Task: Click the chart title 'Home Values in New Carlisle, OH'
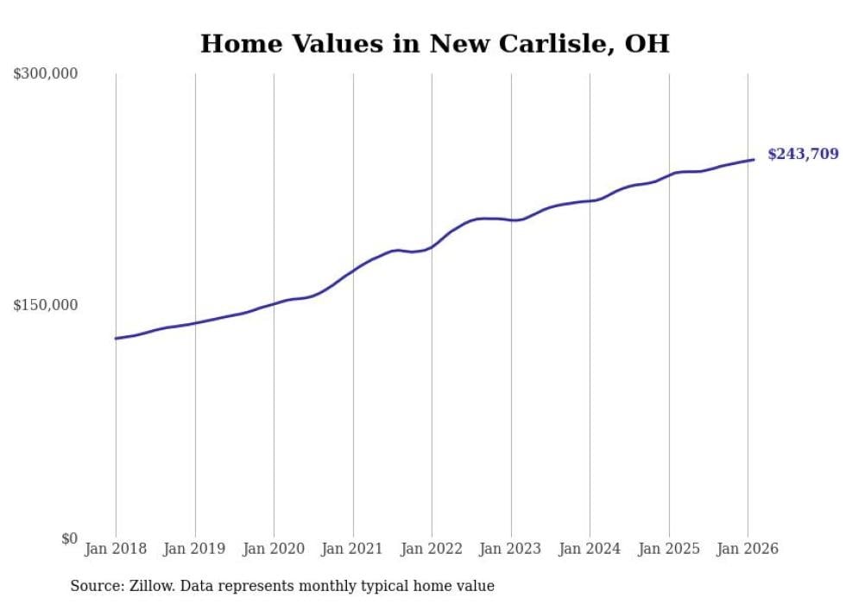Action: click(x=434, y=43)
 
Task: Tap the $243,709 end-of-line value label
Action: click(x=802, y=155)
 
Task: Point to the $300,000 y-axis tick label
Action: click(x=46, y=74)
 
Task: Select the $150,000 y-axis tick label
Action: click(x=46, y=305)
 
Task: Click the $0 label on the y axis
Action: click(x=69, y=538)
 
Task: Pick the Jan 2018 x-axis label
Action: click(x=116, y=549)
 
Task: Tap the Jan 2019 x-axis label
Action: click(x=195, y=549)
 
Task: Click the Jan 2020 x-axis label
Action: click(x=274, y=549)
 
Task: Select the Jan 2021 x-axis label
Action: click(x=353, y=549)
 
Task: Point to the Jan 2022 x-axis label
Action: click(x=432, y=549)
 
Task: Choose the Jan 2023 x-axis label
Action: click(x=511, y=549)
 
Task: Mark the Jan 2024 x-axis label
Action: click(x=590, y=549)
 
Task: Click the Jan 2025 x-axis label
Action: click(x=669, y=549)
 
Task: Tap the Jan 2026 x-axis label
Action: click(x=748, y=549)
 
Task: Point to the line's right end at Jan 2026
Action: click(x=754, y=159)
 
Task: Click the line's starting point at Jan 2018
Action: click(x=116, y=338)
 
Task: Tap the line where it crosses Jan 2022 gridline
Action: click(x=432, y=246)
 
